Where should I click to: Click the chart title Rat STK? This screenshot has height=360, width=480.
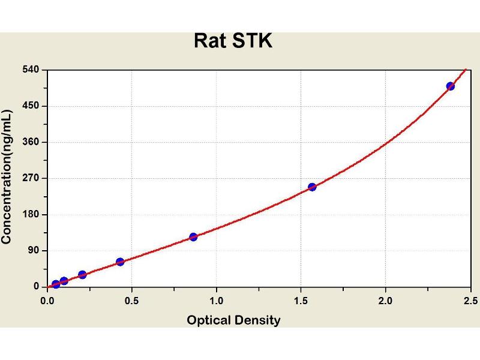(x=233, y=41)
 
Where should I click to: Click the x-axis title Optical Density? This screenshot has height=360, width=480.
(x=233, y=320)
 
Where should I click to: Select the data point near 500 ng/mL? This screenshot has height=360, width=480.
(x=451, y=86)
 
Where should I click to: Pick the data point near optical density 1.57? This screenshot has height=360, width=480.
(x=312, y=187)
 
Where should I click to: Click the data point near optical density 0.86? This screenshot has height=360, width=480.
(x=193, y=237)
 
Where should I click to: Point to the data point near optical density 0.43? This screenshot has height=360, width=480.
(x=120, y=262)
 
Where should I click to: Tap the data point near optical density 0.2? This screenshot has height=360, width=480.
(x=82, y=275)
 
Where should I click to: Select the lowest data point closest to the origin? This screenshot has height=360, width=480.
(x=56, y=284)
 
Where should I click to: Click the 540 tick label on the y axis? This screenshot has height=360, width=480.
(x=31, y=70)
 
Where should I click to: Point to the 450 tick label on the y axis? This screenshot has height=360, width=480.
(x=31, y=106)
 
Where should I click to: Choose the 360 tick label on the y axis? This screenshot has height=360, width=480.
(x=31, y=142)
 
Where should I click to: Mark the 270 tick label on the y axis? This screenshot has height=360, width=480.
(x=31, y=178)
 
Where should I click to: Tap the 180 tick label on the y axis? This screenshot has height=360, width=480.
(x=31, y=214)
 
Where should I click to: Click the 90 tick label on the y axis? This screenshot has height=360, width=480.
(x=33, y=250)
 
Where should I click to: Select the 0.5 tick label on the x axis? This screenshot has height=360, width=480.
(x=132, y=299)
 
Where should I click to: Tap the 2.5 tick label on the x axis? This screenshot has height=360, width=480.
(x=470, y=299)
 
